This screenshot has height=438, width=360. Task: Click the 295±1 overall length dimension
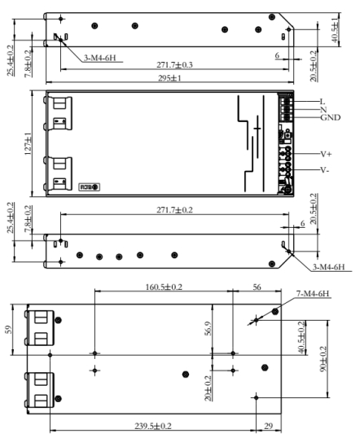[169, 78]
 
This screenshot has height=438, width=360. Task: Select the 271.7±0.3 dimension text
[174, 65]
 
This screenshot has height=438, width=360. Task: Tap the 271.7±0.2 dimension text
[174, 210]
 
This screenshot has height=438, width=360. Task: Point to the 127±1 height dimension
[28, 143]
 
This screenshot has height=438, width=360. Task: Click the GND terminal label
[331, 117]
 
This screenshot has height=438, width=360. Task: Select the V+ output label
[326, 154]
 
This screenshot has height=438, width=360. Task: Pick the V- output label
[324, 170]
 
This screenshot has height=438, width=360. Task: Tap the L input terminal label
[323, 102]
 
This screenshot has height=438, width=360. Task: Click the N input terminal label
[323, 109]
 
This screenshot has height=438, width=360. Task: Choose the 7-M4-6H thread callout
[313, 294]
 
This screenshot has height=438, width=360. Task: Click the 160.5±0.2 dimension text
[164, 287]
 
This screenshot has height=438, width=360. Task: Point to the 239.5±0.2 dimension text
[153, 426]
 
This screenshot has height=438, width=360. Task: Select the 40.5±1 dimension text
[335, 30]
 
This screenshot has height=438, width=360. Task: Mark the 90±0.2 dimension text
[323, 359]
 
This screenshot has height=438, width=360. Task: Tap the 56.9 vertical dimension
[208, 328]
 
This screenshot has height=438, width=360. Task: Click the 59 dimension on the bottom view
[8, 330]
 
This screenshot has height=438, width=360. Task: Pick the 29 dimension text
[268, 426]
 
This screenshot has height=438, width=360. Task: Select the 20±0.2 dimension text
[208, 388]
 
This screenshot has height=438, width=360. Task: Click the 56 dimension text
[257, 287]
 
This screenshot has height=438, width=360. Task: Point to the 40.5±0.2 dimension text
[301, 337]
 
